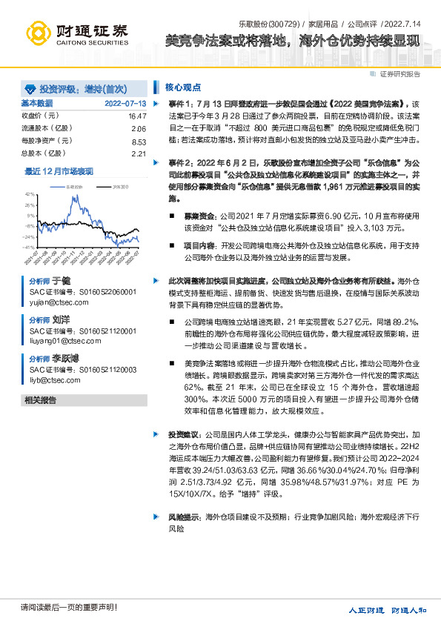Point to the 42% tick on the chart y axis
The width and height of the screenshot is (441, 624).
30,193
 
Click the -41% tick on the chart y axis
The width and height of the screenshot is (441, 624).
30,247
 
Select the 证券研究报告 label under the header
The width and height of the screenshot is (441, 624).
399,74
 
